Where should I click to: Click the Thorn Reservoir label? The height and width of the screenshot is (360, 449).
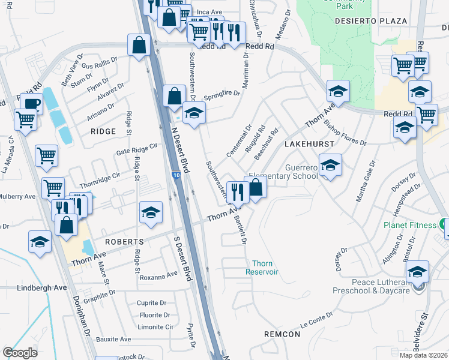(262, 268)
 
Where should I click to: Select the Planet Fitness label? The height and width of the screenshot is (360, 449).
(411, 225)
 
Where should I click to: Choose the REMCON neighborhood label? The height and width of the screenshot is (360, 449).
(282, 334)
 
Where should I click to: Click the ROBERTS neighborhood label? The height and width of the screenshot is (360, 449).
(124, 241)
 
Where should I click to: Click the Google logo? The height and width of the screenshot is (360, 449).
(20, 353)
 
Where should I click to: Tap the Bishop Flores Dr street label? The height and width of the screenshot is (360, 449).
(345, 133)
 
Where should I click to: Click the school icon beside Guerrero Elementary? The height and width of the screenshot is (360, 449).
(330, 165)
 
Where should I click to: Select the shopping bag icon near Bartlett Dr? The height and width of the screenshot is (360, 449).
(256, 187)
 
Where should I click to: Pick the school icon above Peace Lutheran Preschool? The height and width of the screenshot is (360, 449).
(417, 271)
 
